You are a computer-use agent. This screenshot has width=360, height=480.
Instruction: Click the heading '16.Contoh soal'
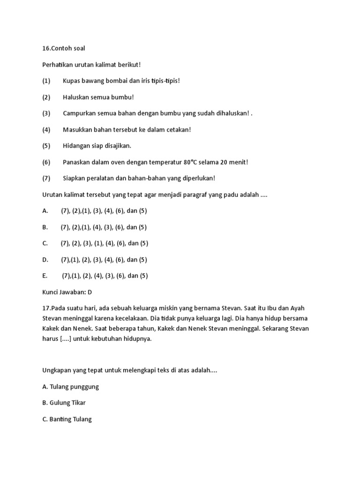tap(63, 48)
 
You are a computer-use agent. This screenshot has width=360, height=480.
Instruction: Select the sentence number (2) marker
tap(46, 97)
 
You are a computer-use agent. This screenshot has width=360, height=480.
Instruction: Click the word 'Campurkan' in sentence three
tap(79, 113)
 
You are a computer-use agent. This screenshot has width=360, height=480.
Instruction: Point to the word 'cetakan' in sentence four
tap(175, 129)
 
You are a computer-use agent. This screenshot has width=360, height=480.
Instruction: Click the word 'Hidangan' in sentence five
tap(76, 146)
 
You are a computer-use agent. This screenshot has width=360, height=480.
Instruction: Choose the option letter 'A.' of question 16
tap(45, 210)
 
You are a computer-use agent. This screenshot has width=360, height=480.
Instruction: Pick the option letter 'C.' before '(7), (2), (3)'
tap(45, 243)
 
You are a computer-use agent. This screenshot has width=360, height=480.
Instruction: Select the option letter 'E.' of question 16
tap(45, 276)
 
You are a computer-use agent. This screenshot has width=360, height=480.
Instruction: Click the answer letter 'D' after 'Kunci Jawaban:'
tap(90, 292)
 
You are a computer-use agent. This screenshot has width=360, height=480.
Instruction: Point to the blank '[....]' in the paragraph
tap(66, 339)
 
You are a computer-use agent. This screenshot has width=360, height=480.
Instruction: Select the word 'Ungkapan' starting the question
tap(57, 370)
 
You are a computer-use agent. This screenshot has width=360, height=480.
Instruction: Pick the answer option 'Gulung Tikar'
tap(67, 403)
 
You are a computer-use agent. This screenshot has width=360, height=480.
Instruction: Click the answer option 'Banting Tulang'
tap(70, 419)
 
